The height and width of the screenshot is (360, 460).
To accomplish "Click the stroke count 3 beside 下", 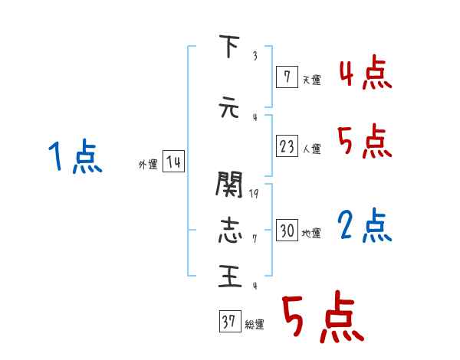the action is click(x=254, y=56).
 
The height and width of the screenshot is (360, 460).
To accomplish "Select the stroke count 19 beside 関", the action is click(x=255, y=194).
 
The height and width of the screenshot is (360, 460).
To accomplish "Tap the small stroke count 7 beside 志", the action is click(x=254, y=239).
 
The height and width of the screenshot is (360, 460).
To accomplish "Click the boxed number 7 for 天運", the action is click(x=287, y=77).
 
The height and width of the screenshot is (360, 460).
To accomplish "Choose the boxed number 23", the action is click(x=287, y=147).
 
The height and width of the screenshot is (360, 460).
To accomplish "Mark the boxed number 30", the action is click(x=287, y=231).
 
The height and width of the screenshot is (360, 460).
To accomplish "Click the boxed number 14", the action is click(x=173, y=162).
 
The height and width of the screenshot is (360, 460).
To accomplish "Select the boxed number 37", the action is click(x=229, y=322).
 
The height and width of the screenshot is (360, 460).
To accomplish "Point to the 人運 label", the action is click(x=311, y=149).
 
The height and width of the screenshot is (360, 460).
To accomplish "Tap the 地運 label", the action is click(x=311, y=233).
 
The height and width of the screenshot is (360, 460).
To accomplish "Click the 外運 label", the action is click(x=148, y=164).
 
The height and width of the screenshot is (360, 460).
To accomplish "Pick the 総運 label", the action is click(x=255, y=325).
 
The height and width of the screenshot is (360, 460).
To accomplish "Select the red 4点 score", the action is click(x=365, y=74).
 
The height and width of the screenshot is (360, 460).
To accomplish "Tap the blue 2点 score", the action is click(x=365, y=227).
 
